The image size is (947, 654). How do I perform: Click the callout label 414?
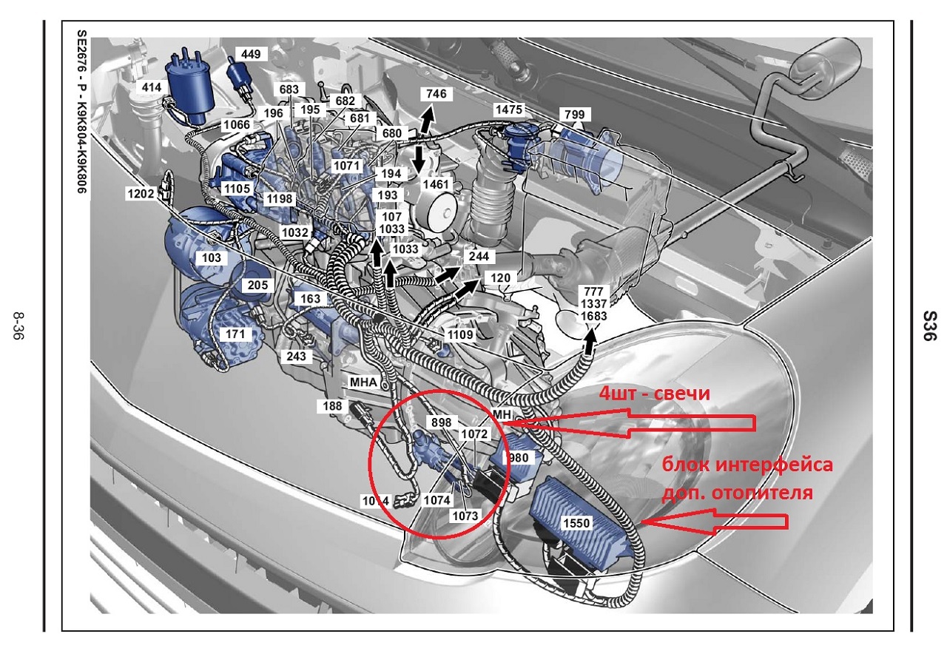151,87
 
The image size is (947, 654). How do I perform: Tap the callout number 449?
251,54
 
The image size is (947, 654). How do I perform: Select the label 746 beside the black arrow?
437,93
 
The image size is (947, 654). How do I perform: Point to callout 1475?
508,109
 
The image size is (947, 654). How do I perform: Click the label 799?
575,114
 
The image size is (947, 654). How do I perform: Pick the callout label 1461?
436,184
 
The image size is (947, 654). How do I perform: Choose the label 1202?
141,194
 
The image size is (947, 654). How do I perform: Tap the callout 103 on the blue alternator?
212,257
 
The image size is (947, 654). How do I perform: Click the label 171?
235,334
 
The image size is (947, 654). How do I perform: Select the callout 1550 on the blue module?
576,523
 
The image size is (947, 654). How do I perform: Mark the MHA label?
363,382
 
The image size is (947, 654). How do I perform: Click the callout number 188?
332,406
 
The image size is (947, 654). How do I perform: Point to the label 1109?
460,335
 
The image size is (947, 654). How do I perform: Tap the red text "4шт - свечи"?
655,394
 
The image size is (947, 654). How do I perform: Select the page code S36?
931,326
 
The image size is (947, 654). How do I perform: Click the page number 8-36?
18,326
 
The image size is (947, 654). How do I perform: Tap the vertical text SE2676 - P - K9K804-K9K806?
81,112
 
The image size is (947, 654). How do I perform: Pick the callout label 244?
479,256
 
